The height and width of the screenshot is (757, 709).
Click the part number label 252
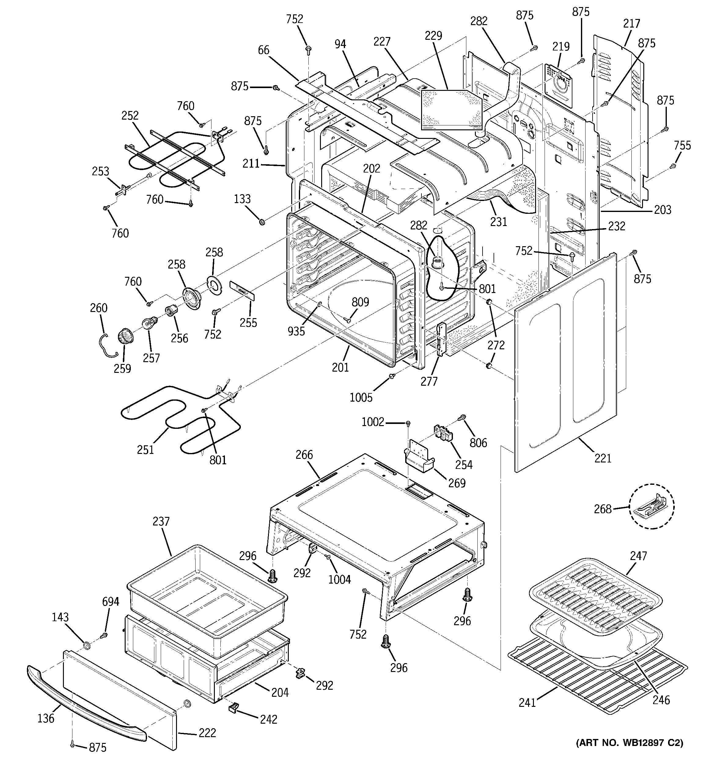[x=130, y=115]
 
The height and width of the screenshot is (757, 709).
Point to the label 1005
[x=361, y=398]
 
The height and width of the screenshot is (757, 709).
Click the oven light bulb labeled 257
[x=147, y=323]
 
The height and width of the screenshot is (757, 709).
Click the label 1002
[x=373, y=422]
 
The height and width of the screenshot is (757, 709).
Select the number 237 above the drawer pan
[x=161, y=521]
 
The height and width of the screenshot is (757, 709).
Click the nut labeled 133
[x=262, y=221]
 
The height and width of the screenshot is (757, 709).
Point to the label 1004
[x=340, y=579]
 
